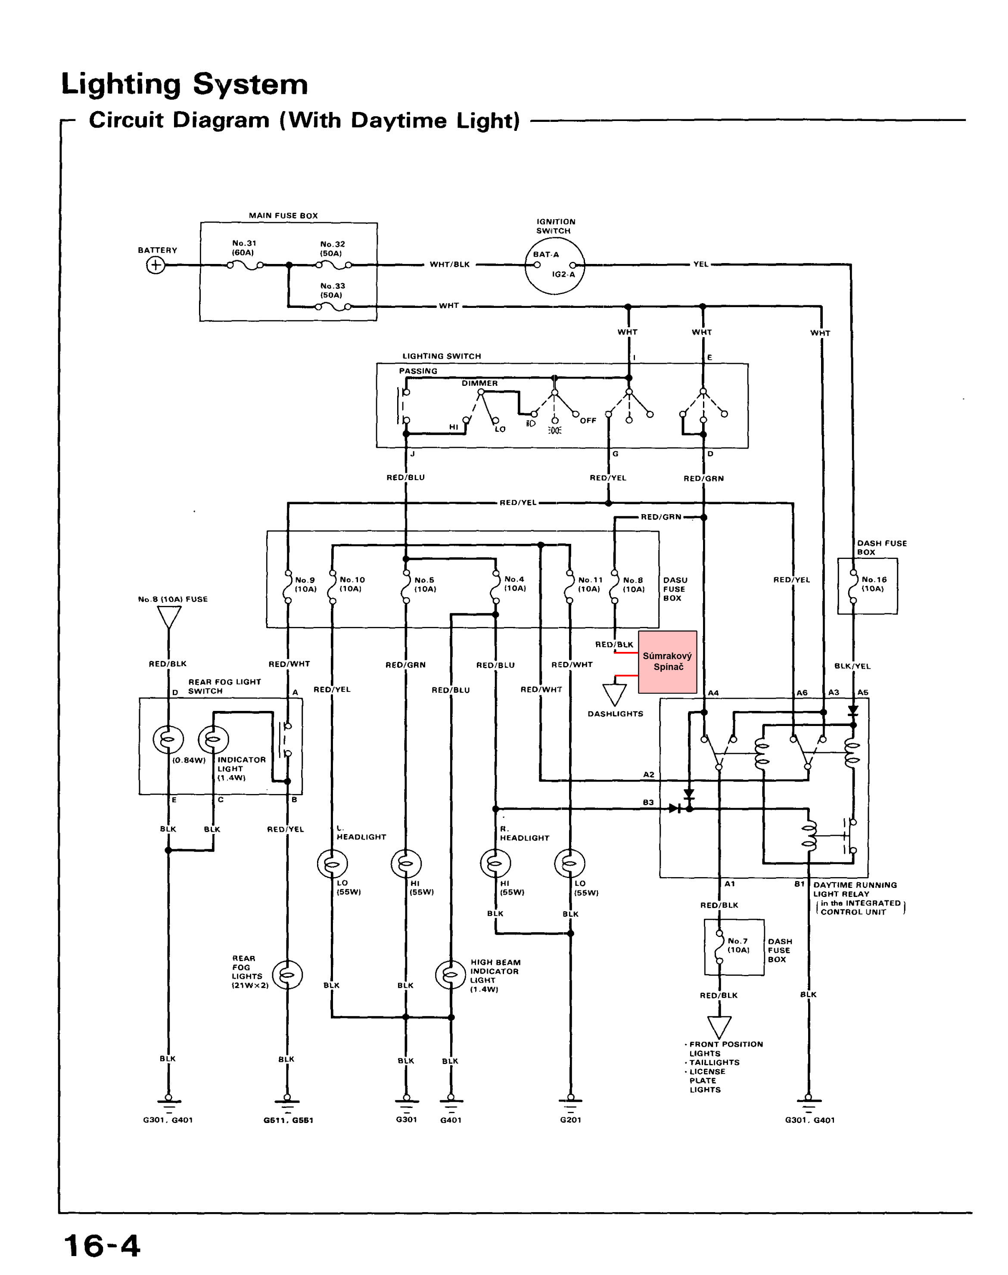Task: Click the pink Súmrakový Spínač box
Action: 667,661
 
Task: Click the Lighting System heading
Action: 184,84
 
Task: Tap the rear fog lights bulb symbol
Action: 287,975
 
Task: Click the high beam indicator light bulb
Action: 450,975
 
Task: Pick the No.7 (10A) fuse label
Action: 738,946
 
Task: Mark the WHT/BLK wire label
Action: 450,264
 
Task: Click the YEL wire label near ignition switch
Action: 700,264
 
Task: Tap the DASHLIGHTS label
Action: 615,714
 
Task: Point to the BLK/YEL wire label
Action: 852,666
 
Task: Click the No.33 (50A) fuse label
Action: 332,290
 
